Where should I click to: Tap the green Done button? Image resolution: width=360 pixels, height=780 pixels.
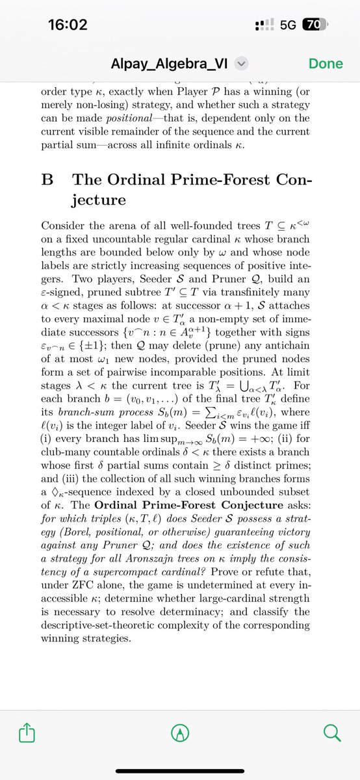click(326, 64)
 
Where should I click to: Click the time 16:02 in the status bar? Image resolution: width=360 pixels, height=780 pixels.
click(68, 25)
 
